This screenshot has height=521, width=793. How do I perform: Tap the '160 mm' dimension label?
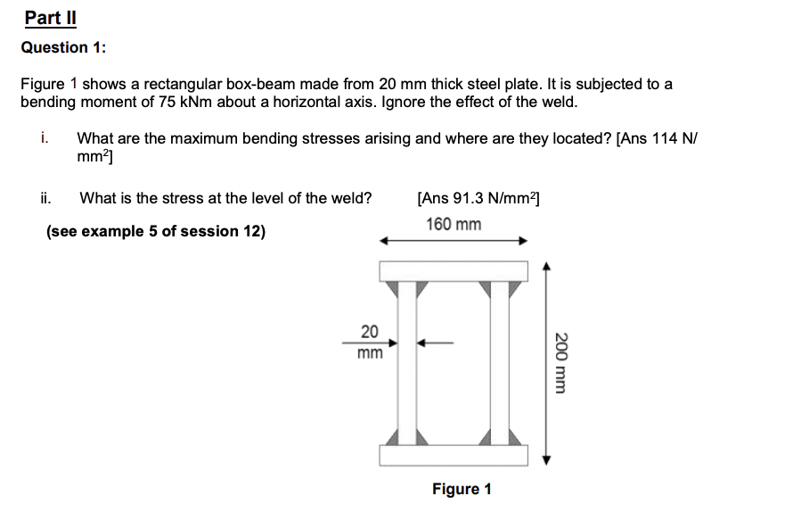(454, 224)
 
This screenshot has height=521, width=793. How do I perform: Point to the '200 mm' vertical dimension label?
(562, 362)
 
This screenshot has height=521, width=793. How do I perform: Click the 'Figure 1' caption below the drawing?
(462, 489)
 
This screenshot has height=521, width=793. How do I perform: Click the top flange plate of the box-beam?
(454, 271)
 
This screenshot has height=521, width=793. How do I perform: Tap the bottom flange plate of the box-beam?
(454, 455)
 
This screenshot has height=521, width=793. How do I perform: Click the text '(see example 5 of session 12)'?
(156, 231)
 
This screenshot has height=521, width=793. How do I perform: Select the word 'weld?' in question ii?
(353, 198)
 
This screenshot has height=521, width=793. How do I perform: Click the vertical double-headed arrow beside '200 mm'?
(546, 362)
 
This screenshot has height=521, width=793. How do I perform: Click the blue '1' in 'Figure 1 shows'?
(74, 84)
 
